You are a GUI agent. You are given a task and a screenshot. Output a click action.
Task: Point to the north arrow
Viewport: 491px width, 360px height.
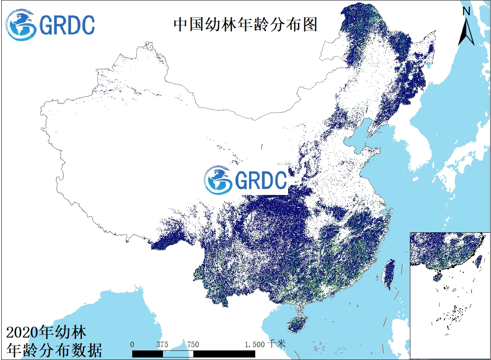tap(466, 32)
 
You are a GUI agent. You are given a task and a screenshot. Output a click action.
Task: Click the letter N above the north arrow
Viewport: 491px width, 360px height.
tap(466, 12)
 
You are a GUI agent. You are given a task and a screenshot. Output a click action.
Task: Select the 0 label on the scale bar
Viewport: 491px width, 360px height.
tap(132, 344)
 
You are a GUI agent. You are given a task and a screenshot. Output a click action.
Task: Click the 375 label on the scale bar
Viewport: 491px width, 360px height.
tap(162, 344)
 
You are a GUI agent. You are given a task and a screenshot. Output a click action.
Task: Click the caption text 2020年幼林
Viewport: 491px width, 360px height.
tap(47, 333)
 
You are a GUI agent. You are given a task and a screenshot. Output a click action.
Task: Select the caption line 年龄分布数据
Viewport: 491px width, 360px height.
tap(54, 350)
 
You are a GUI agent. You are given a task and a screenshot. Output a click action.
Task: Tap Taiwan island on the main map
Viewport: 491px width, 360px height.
tap(388, 274)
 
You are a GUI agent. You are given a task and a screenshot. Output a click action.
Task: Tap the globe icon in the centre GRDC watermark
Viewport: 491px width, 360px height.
tap(218, 180)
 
